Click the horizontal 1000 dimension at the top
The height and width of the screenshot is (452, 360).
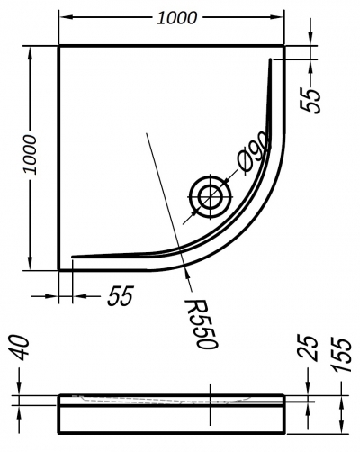pyautogui.click(x=177, y=18)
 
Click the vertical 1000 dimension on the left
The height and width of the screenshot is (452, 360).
pyautogui.click(x=31, y=155)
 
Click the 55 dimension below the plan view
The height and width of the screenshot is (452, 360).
pyautogui.click(x=121, y=296)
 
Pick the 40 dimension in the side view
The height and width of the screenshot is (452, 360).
pyautogui.click(x=22, y=348)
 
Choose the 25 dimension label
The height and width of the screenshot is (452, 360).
pyautogui.click(x=308, y=348)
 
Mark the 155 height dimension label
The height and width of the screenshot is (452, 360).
pyautogui.click(x=341, y=355)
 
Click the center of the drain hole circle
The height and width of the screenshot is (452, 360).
pyautogui.click(x=211, y=197)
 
